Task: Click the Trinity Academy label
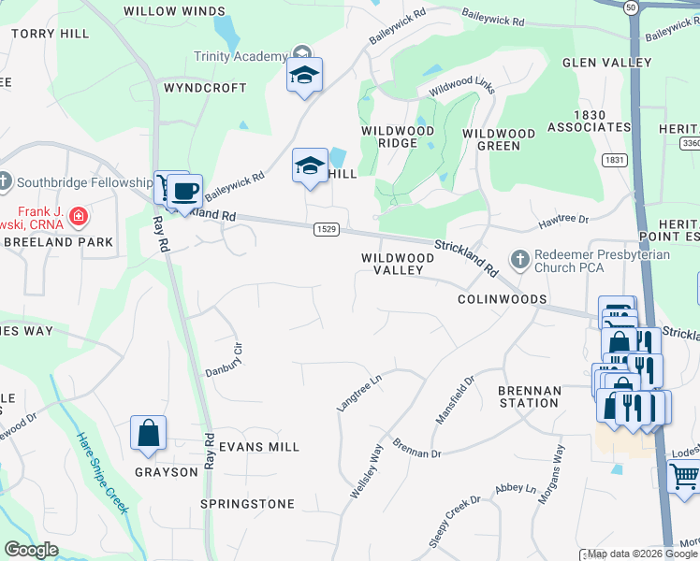tap(239, 56)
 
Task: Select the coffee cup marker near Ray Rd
tap(185, 191)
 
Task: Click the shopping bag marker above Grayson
tap(148, 433)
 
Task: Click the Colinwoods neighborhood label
tap(502, 300)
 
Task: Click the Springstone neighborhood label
tap(248, 504)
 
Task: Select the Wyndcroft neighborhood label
tap(205, 88)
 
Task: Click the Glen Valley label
tap(606, 63)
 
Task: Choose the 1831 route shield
tap(615, 160)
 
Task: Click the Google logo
tap(31, 550)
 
